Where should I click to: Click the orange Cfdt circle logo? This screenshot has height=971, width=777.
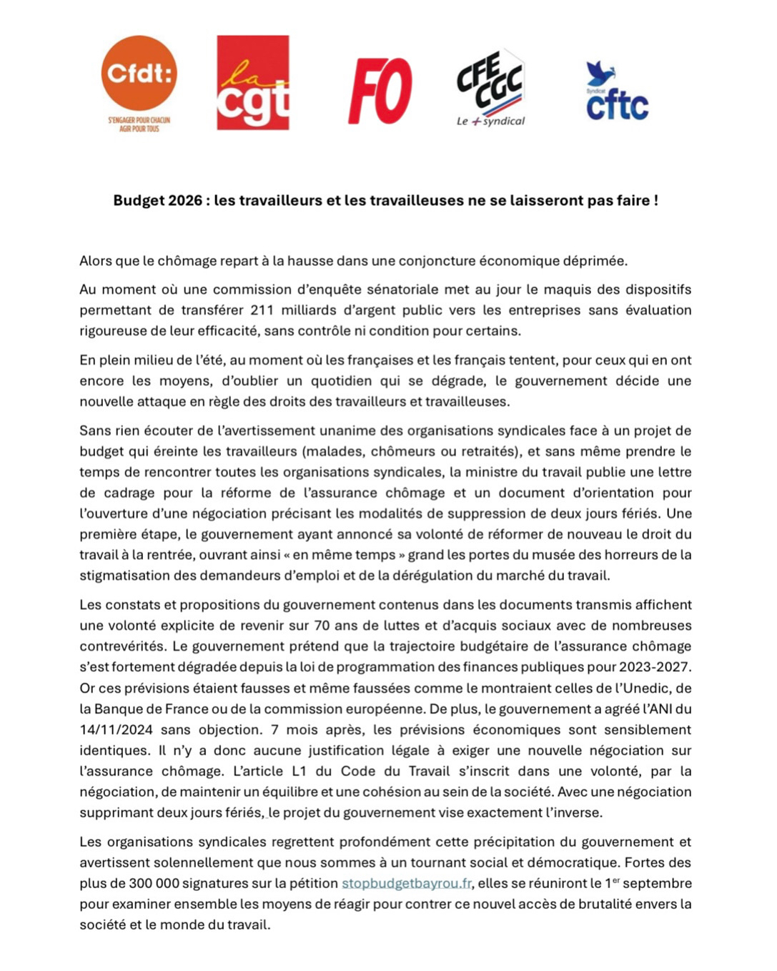[139, 73]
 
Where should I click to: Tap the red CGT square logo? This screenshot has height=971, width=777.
[253, 83]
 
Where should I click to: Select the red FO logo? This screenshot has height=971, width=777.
[380, 91]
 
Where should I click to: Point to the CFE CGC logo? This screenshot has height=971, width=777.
[490, 80]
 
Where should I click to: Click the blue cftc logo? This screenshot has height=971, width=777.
[617, 104]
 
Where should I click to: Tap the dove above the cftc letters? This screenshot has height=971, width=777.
[599, 74]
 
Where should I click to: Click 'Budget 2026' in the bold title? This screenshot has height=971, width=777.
[157, 200]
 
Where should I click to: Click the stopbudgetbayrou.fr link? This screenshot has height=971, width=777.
[406, 883]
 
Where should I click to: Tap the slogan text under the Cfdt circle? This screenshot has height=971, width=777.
[139, 124]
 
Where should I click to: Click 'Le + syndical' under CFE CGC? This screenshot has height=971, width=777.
[490, 122]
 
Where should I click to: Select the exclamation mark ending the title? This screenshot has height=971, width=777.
[655, 200]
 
